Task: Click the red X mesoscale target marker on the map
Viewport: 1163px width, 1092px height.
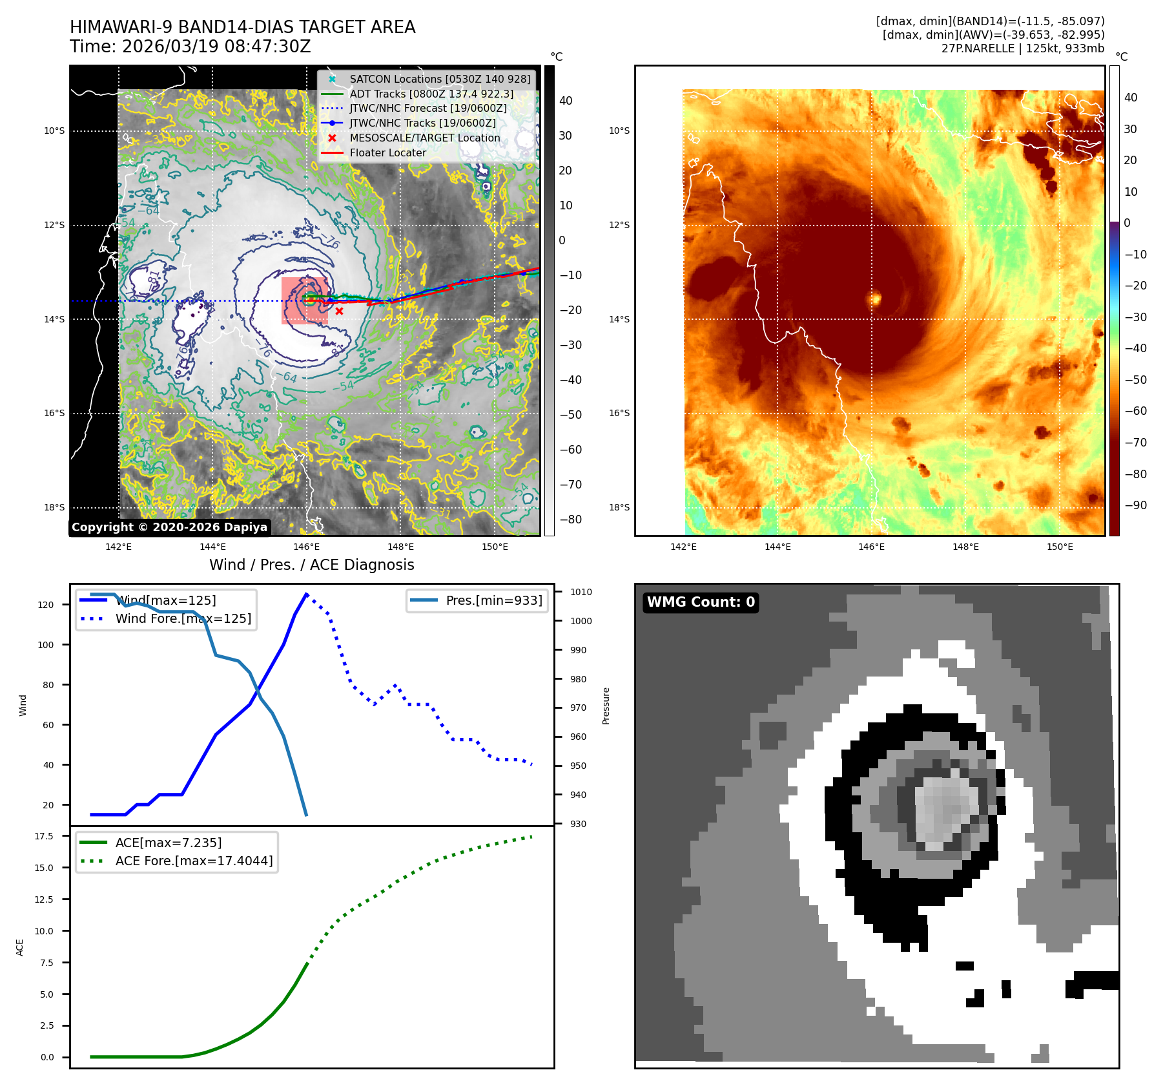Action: [339, 311]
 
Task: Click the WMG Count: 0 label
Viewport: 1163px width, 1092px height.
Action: [701, 602]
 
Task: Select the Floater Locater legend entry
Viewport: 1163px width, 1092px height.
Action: [387, 153]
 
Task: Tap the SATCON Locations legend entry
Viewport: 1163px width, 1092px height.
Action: [439, 79]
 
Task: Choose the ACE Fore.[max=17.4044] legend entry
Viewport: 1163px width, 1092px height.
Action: [194, 861]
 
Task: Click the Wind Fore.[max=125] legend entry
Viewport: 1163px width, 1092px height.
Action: [183, 618]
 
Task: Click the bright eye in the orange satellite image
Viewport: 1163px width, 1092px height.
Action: [876, 299]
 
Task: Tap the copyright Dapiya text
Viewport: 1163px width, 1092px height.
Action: [169, 527]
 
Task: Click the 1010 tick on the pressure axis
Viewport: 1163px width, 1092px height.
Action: [581, 592]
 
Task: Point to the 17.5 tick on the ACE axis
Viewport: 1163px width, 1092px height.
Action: [44, 836]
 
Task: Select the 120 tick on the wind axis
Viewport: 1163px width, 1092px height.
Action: [46, 605]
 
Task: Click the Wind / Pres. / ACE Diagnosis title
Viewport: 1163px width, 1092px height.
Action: [311, 565]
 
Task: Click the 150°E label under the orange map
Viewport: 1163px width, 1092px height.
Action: [1060, 547]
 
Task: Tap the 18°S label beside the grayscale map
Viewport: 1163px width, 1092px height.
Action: [54, 507]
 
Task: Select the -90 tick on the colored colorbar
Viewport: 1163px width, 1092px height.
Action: [1135, 505]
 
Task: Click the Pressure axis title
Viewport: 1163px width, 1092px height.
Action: [606, 706]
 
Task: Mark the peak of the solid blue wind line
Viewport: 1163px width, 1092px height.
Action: [306, 594]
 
